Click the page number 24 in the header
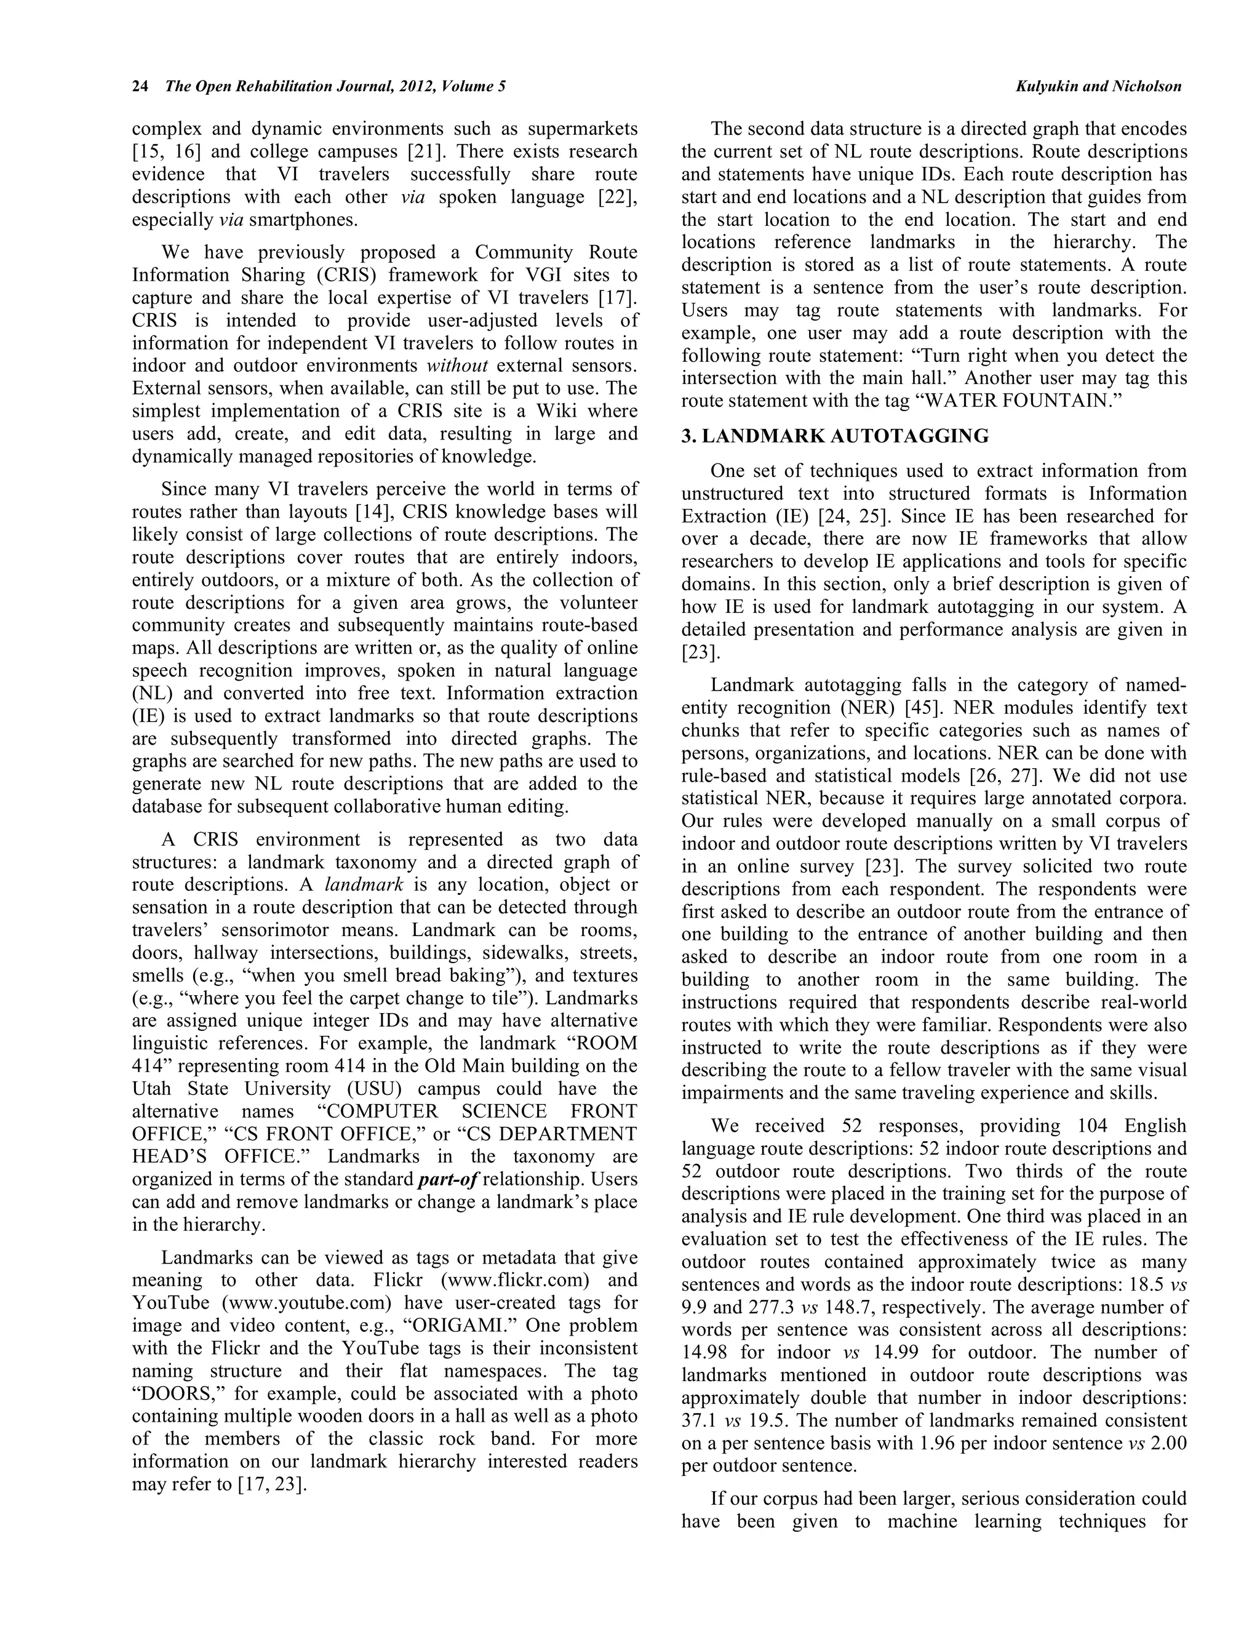tap(140, 87)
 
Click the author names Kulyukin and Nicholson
tap(1098, 87)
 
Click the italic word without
tap(457, 366)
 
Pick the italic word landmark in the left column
tap(364, 885)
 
